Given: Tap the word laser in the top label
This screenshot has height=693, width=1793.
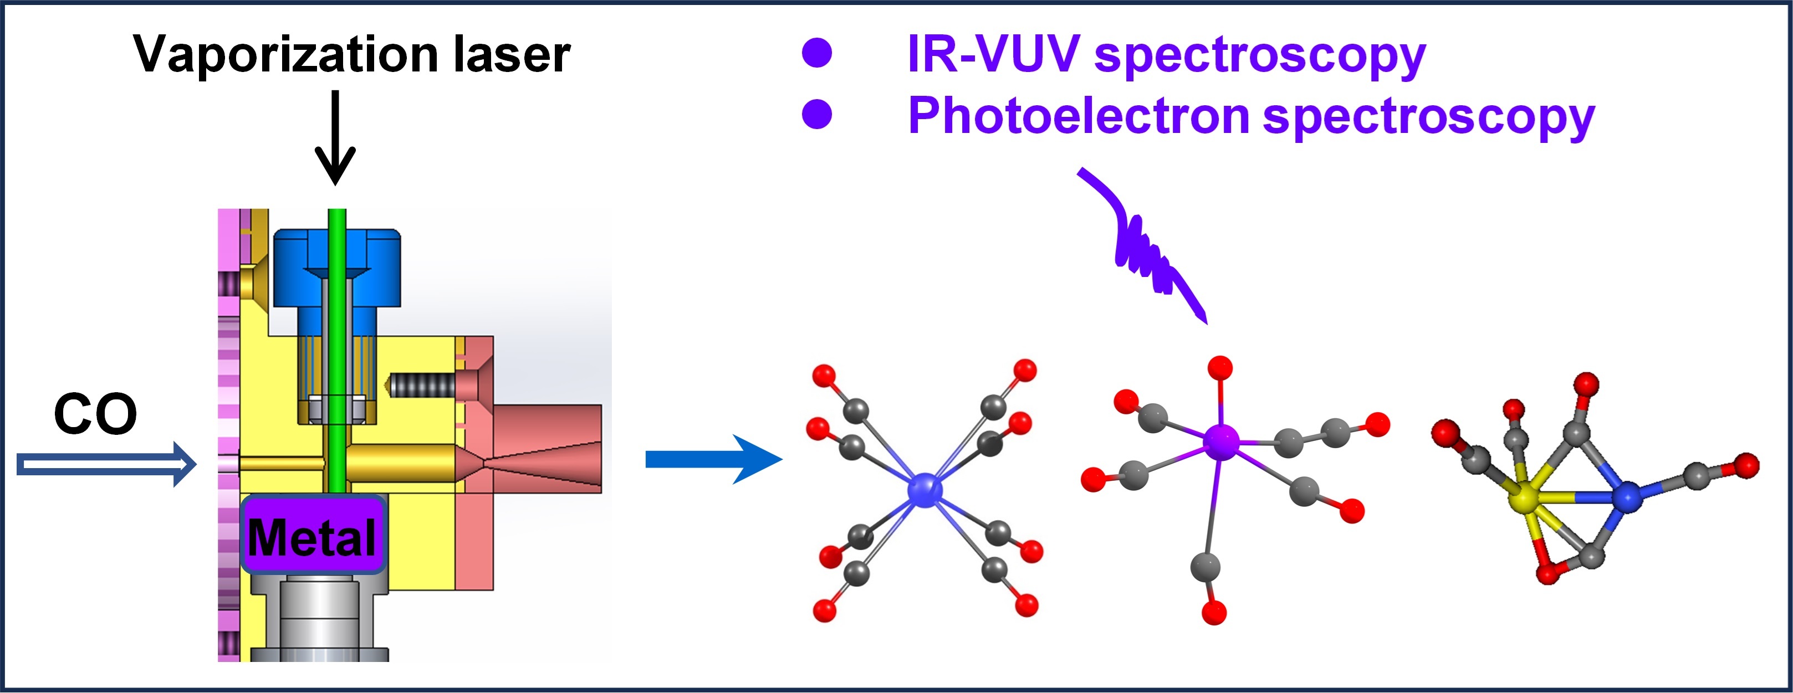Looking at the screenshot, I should (512, 54).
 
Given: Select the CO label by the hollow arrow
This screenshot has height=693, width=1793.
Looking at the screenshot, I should (95, 415).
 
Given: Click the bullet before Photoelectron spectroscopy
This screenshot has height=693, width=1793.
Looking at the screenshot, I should (817, 114).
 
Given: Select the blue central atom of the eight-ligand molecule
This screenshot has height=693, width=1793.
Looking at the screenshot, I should (925, 489).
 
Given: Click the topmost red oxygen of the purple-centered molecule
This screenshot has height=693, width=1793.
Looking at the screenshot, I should (1220, 367).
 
